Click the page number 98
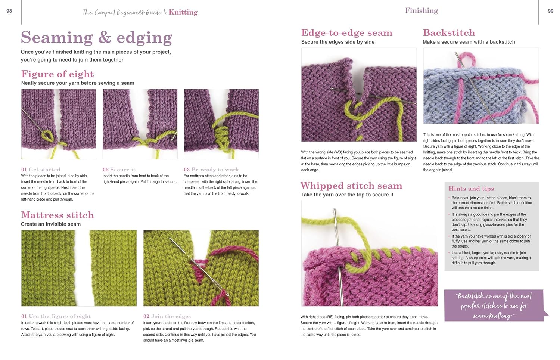tap(9, 11)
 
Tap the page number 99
tap(551, 11)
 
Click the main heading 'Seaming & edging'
tap(96, 37)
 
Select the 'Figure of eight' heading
tap(57, 74)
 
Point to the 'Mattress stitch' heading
tap(57, 215)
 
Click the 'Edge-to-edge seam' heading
tap(347, 33)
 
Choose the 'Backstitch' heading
tap(449, 33)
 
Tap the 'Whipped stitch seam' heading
tap(351, 186)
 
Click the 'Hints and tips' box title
tap(471, 189)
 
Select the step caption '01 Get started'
tap(41, 170)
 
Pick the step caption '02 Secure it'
tap(119, 170)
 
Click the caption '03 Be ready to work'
tap(211, 170)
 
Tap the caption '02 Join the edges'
tap(167, 316)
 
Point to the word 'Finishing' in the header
tap(421, 10)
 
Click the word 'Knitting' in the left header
tap(183, 12)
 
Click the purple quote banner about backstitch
tap(494, 305)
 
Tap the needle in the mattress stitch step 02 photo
tap(199, 267)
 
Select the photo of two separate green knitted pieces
tap(79, 268)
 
